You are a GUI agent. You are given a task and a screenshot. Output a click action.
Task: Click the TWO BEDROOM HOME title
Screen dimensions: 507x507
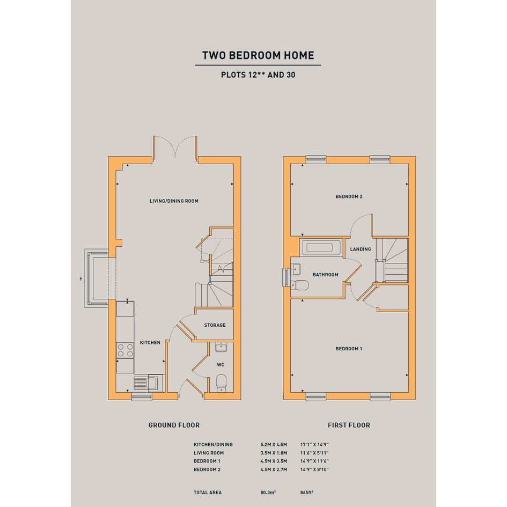click(x=258, y=55)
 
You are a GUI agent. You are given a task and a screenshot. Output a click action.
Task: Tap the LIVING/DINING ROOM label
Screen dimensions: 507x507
click(x=174, y=201)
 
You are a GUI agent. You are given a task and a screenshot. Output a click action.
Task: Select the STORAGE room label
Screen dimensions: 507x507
click(x=215, y=325)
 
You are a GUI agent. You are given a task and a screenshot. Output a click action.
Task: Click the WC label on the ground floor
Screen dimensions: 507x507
click(x=221, y=365)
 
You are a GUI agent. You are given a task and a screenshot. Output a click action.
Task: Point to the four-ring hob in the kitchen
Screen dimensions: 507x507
click(x=125, y=350)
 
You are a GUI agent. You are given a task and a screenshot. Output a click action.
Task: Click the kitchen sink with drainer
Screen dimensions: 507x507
click(x=149, y=383)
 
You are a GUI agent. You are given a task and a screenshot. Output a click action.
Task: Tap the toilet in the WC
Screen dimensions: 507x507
click(x=221, y=383)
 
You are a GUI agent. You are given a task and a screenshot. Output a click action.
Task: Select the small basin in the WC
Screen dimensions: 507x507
click(x=221, y=347)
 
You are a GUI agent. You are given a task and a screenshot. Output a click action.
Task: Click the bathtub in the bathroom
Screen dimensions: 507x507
click(x=320, y=248)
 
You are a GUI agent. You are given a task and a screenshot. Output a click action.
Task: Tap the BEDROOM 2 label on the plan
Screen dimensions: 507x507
click(x=349, y=196)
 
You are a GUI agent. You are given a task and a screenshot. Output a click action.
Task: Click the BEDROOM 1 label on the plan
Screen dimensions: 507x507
click(x=349, y=349)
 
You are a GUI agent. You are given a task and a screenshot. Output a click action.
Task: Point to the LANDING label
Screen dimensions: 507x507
click(x=361, y=249)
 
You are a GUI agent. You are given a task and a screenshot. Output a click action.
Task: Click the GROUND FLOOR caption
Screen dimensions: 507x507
click(x=174, y=425)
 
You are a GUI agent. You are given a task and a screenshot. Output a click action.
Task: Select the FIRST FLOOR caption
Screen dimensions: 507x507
click(x=349, y=425)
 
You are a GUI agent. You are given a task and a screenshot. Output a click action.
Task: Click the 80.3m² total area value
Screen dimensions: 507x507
click(x=268, y=493)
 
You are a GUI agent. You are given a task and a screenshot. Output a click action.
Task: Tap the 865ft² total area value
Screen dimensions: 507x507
click(x=307, y=493)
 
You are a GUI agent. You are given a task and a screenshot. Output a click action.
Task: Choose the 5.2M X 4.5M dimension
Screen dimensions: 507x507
click(x=274, y=445)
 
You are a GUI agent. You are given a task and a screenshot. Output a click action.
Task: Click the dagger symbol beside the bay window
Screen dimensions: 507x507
click(x=81, y=279)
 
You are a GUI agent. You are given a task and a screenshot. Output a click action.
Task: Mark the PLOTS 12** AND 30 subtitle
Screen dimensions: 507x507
click(x=258, y=75)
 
